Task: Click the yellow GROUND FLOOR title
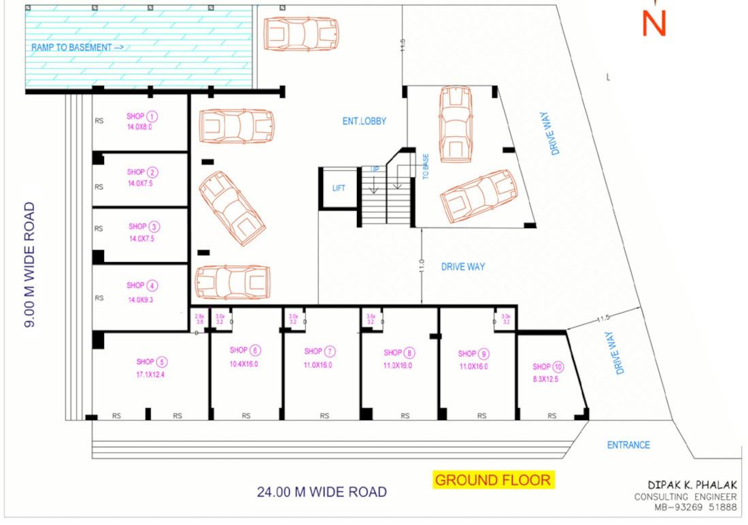[493, 480]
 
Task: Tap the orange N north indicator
[653, 23]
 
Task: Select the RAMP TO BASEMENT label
[77, 48]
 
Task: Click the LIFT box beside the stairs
[339, 188]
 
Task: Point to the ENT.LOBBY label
[364, 121]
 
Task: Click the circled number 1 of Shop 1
[153, 116]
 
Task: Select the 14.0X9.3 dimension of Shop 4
[139, 300]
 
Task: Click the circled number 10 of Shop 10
[558, 367]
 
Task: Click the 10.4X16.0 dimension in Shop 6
[243, 364]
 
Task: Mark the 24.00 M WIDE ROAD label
[322, 492]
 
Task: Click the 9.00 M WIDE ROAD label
[30, 264]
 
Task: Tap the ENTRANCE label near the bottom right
[628, 445]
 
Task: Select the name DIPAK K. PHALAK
[691, 484]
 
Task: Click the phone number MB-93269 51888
[694, 507]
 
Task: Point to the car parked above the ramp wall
[301, 34]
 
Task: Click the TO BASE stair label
[426, 166]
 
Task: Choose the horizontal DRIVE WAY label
[463, 267]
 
